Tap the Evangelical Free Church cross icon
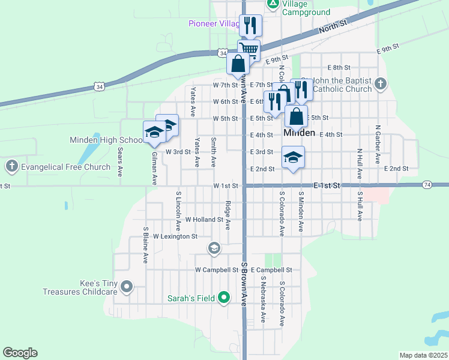coord(11,166)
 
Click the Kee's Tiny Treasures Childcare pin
coord(126,287)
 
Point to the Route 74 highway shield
coord(427,184)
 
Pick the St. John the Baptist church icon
coord(381,84)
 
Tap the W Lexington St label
coord(175,237)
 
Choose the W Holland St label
coord(204,220)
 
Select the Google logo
coord(20,353)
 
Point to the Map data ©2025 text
coord(423,355)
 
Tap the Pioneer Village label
coord(214,23)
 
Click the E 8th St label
coord(339,67)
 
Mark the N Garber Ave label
coord(378,144)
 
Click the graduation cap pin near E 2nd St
coord(293,157)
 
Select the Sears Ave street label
coord(120,162)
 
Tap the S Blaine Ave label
coord(145,245)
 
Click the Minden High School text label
coord(106,140)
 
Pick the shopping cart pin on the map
coord(249,48)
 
